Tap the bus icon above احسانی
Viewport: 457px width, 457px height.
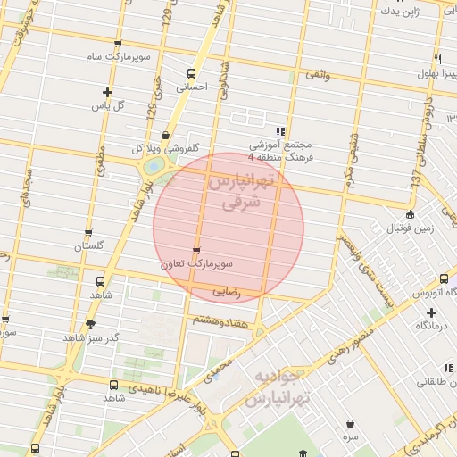[x=191, y=73]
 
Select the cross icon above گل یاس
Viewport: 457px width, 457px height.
[x=108, y=91]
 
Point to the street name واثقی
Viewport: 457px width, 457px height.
[x=317, y=76]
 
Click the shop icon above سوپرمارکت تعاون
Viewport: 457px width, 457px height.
[x=196, y=250]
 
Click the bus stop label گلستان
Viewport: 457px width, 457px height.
[x=88, y=245]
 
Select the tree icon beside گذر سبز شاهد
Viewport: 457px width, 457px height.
[x=89, y=325]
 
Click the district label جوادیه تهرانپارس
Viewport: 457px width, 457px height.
[x=280, y=385]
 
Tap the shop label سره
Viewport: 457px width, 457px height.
[x=350, y=436]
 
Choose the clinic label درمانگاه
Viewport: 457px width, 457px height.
[x=431, y=327]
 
